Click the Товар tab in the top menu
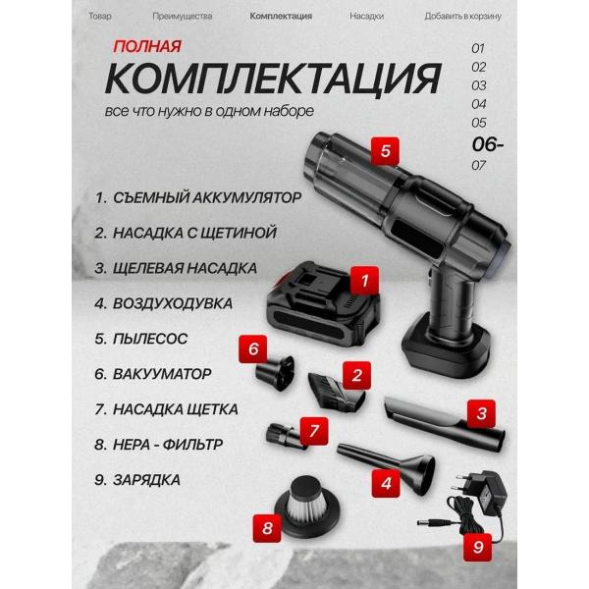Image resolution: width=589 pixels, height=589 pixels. tap(99, 17)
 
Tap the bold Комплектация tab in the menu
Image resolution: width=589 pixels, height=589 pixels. tap(281, 17)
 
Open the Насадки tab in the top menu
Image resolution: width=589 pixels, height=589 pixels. tap(366, 17)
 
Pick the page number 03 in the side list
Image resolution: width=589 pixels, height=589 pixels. tap(479, 85)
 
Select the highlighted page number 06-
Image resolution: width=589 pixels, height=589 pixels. tap(487, 142)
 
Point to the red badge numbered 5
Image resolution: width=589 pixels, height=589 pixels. tap(385, 151)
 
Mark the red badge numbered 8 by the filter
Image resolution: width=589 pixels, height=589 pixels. tap(268, 527)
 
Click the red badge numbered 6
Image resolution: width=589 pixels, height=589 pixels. tap(253, 348)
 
